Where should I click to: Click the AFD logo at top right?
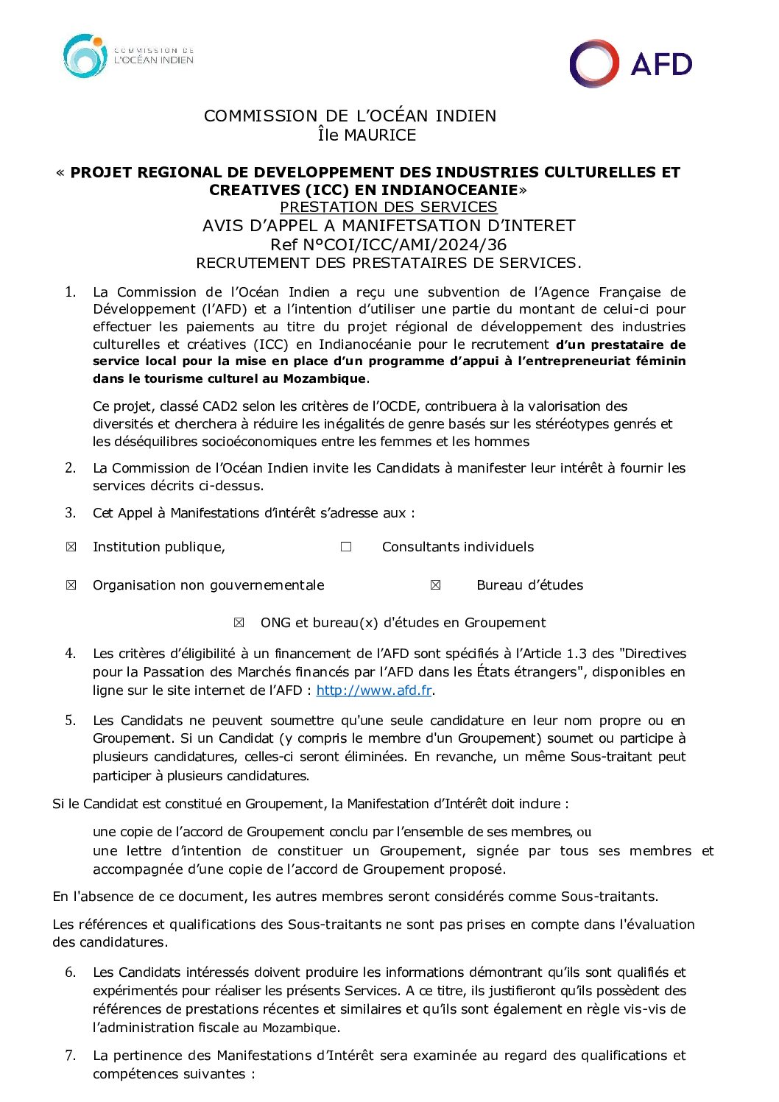631,64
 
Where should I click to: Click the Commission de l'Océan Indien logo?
128,56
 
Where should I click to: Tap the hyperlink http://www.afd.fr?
373,690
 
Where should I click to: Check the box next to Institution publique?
71,547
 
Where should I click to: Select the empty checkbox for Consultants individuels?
346,547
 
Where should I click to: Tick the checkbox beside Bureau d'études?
435,585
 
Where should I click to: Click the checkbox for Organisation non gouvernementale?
71,585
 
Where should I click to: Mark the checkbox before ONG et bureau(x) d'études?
239,623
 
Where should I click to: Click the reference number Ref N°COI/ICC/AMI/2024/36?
388,244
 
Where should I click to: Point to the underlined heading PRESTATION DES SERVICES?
388,208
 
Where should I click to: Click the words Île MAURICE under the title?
367,135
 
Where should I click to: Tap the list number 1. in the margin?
71,292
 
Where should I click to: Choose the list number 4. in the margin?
71,654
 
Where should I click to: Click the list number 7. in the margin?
71,1056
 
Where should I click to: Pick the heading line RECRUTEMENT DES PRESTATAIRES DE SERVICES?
388,263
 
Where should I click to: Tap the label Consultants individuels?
457,547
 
